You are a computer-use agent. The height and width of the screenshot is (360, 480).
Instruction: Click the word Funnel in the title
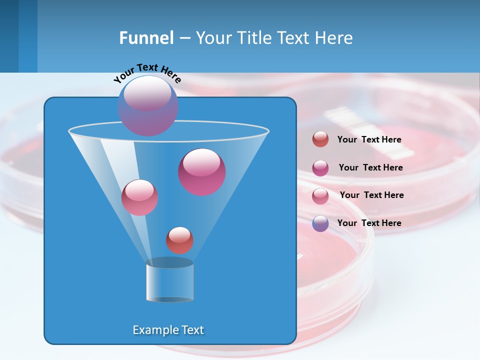tap(146, 38)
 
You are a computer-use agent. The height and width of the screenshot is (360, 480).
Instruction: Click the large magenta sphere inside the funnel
tap(202, 172)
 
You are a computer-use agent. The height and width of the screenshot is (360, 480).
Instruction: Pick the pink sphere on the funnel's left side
tap(139, 198)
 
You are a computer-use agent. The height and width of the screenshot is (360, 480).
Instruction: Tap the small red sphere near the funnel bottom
tap(179, 240)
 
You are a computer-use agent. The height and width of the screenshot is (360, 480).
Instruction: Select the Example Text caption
tap(168, 330)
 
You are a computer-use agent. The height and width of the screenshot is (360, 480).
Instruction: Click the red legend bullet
tap(320, 139)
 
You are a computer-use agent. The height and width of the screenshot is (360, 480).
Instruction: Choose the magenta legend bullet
tap(320, 168)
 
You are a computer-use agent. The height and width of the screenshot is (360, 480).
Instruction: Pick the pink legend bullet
tap(320, 196)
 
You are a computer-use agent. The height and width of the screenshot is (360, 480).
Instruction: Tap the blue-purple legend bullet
tap(320, 223)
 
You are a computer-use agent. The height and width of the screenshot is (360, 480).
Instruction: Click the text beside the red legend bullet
tap(369, 140)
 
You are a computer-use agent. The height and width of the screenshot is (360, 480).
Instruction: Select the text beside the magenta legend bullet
tap(370, 168)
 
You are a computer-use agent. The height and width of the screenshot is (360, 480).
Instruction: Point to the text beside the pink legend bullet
tap(371, 195)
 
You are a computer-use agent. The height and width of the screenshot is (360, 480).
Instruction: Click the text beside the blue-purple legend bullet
tap(369, 223)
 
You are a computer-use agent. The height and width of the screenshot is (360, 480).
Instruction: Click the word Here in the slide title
tap(334, 38)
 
